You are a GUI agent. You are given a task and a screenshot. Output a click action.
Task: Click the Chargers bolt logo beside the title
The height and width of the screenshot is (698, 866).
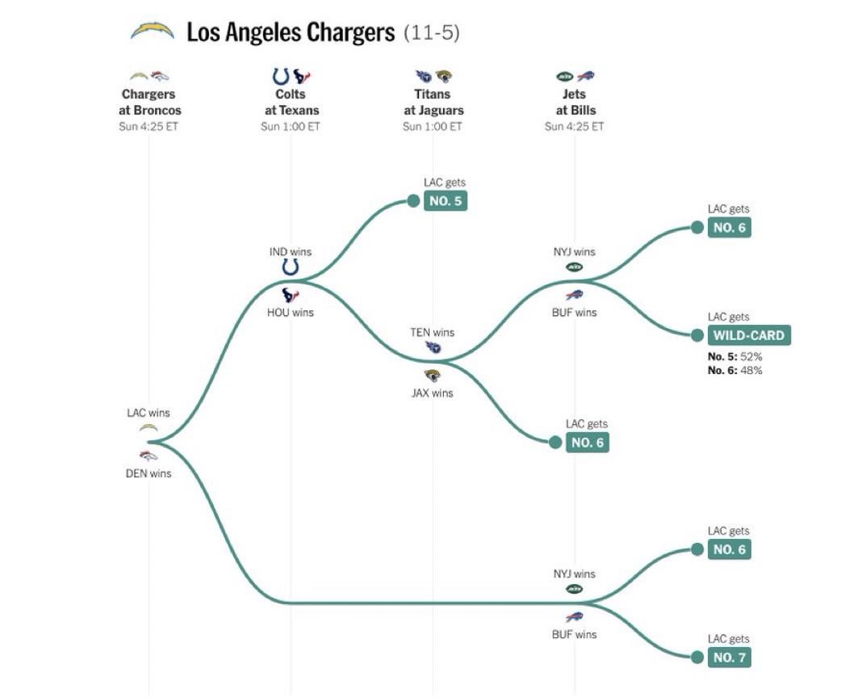pos(153,32)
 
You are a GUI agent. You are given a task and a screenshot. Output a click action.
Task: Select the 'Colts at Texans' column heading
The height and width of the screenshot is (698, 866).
pos(291,102)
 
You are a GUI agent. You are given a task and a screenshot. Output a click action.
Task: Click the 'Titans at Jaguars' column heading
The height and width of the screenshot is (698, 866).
pos(433,102)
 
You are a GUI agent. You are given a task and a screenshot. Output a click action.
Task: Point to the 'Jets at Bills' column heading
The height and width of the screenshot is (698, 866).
pos(574,102)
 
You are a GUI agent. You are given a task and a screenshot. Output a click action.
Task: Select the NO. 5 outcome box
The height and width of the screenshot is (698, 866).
pos(446,200)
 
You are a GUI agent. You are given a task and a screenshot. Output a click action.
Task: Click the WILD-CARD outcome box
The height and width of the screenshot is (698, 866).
pos(749,335)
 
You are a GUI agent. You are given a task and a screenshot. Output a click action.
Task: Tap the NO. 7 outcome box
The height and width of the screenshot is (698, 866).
pos(730,657)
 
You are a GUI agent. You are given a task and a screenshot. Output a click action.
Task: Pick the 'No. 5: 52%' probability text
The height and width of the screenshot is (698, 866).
pos(735,355)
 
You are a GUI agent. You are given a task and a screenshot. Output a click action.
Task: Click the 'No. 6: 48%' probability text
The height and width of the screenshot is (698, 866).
pos(735,370)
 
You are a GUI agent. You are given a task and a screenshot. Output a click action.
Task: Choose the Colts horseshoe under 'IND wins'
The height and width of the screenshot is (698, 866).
pos(291,267)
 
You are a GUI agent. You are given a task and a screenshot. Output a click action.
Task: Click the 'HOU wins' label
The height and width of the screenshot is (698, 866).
pos(291,312)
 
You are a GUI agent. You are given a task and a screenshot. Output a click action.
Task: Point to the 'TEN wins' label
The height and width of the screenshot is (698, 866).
pos(433,332)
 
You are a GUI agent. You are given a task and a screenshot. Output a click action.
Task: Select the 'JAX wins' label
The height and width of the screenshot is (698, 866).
pos(433,393)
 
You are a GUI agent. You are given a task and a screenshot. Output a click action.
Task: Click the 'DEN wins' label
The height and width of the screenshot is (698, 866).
pos(149,473)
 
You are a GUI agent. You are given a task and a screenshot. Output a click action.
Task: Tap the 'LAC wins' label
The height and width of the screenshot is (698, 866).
pos(149,413)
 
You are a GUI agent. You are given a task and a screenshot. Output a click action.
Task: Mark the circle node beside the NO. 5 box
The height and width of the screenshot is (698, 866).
pos(413,200)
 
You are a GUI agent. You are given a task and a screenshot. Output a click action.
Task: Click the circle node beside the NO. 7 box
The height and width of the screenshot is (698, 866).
pos(697,657)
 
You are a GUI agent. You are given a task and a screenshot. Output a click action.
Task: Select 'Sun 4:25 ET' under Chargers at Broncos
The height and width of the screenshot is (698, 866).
pos(149,127)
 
